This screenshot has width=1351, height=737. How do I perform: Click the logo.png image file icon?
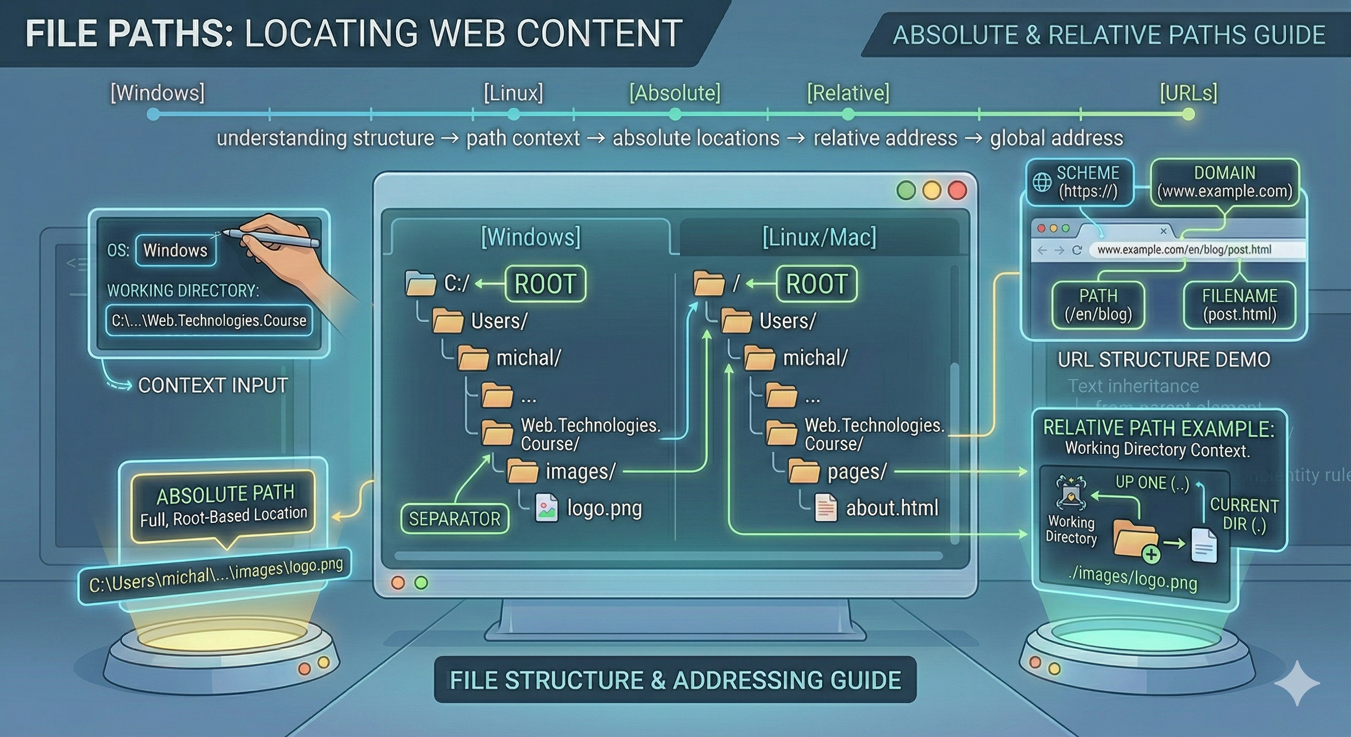pos(546,507)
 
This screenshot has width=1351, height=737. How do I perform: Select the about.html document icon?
pos(826,508)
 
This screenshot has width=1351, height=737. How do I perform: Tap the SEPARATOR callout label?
pos(454,519)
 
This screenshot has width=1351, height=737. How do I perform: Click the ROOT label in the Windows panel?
pos(545,284)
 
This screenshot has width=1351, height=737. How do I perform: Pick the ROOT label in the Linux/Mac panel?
pos(816,284)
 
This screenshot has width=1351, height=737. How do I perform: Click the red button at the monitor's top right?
pos(957,190)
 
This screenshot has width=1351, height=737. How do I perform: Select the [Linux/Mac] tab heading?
pos(818,237)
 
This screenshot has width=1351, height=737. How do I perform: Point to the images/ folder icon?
pos(522,471)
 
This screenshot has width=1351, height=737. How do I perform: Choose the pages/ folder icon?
pos(804,471)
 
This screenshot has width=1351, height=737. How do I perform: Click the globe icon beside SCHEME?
pos(1042,182)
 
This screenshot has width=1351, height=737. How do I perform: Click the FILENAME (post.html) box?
pos(1239,305)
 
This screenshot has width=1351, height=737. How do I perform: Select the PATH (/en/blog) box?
pos(1098,305)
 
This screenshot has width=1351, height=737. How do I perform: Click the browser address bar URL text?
pos(1184,250)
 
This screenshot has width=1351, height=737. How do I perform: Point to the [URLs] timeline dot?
pos(1188,114)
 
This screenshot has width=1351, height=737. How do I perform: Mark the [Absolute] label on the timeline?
pos(675,93)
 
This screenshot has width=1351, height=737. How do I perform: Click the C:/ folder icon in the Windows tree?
pos(421,283)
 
